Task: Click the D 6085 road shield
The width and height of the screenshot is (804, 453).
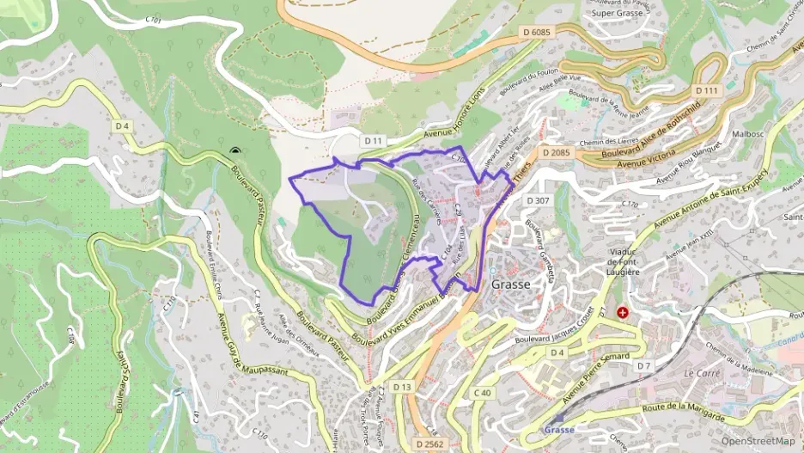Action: click(x=535, y=32)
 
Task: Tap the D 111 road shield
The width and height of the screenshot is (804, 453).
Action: click(x=705, y=90)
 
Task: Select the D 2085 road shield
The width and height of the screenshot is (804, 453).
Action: click(x=556, y=153)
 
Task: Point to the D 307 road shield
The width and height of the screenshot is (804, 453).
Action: click(x=536, y=200)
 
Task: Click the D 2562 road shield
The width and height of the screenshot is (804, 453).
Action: click(x=428, y=443)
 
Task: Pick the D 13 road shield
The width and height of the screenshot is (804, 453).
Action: click(x=402, y=387)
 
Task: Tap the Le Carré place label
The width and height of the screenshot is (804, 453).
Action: click(x=701, y=375)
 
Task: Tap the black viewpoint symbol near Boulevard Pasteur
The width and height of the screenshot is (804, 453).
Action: click(x=234, y=152)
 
